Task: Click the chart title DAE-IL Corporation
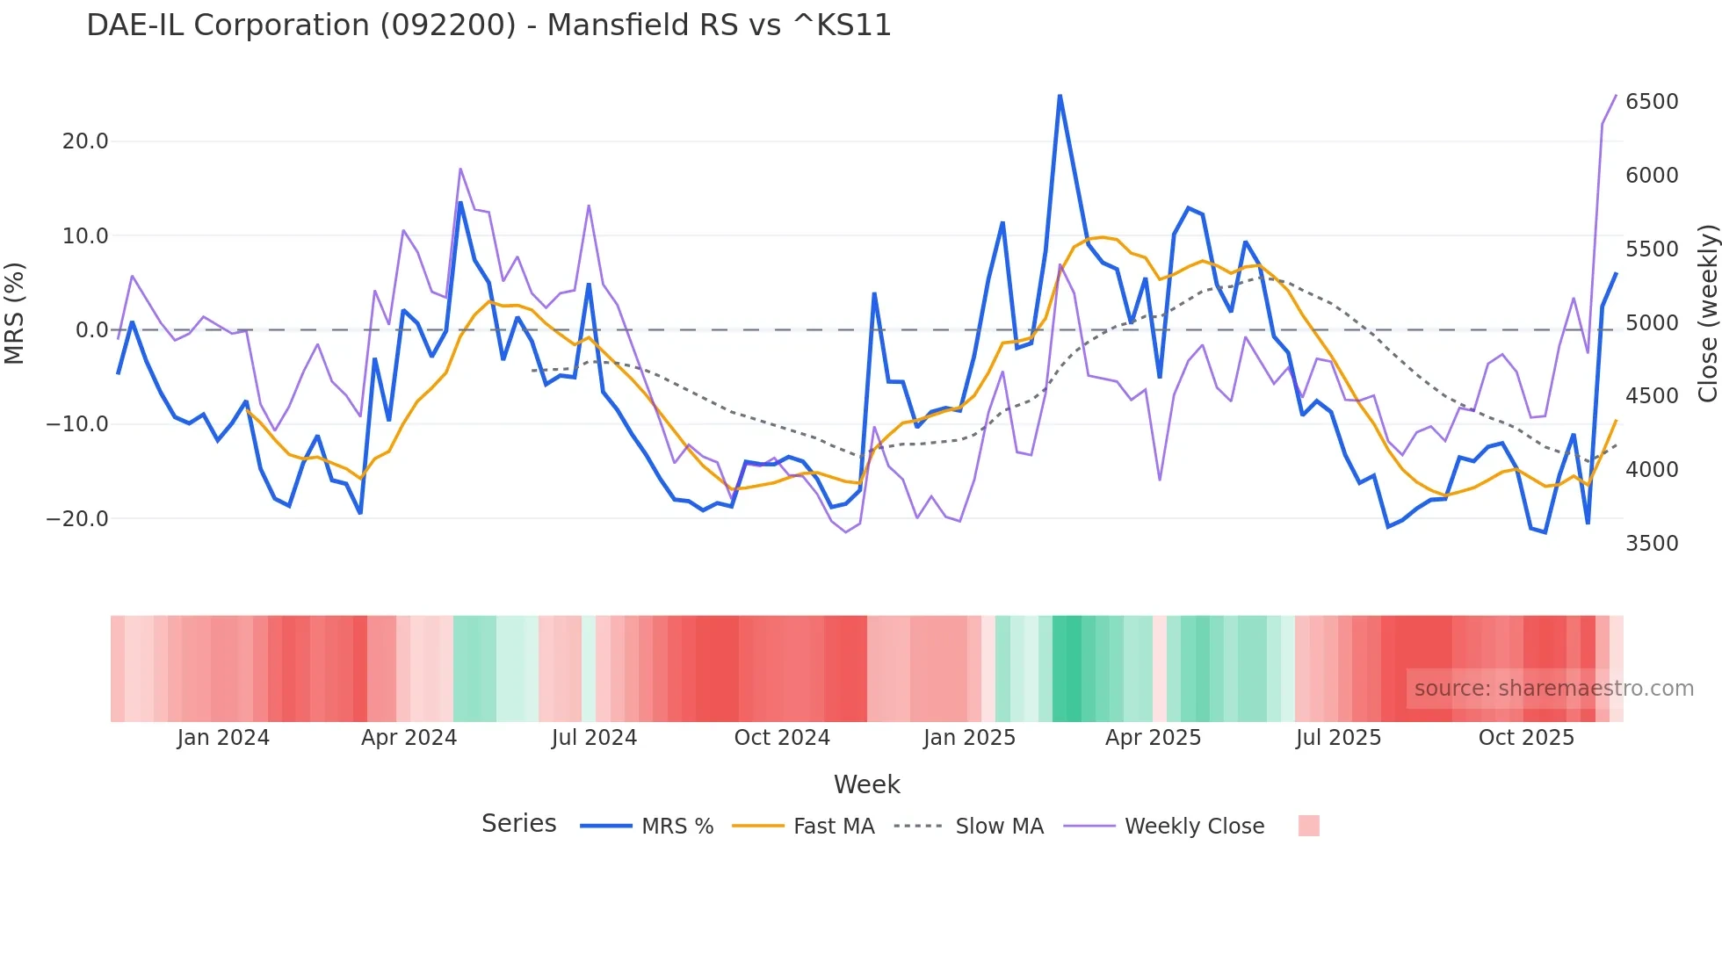pos(488,25)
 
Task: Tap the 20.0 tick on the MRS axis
pos(85,141)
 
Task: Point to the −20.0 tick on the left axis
pos(77,519)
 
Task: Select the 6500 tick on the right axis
pos(1652,102)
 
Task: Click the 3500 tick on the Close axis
pos(1652,544)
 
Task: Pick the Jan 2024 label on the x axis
pos(223,738)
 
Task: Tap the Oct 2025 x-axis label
pos(1526,738)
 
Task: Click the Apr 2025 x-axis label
pos(1153,738)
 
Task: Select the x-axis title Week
pos(866,784)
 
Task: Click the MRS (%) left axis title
pos(15,313)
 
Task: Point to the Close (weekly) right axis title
pos(1707,313)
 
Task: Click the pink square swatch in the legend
pos(1308,826)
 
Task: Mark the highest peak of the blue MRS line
pos(1060,96)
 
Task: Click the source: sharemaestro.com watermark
pos(1553,689)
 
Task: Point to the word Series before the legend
pos(518,824)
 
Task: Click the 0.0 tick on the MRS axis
pos(91,330)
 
